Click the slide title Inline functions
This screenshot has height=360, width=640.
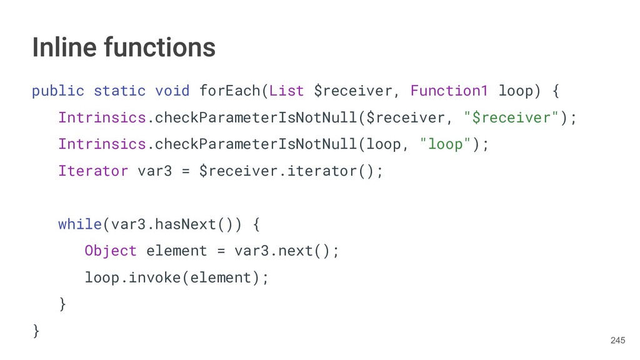coord(124,47)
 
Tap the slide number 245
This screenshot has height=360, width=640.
coord(617,340)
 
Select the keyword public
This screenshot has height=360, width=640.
coord(57,91)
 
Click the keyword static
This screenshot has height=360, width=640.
coord(119,91)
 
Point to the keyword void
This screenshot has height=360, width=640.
coord(172,91)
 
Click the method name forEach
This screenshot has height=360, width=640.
coord(229,91)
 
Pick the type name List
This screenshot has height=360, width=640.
coord(286,91)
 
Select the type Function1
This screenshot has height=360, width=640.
coord(449,91)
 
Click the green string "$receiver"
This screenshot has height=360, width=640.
coord(511,117)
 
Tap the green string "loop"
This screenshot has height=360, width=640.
coord(445,144)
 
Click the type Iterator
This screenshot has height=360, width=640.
coord(93,171)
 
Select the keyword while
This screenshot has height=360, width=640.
coord(80,224)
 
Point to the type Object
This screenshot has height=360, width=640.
coord(111,251)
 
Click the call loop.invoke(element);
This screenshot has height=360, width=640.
coord(177,277)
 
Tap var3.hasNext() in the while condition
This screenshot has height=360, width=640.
coord(176,224)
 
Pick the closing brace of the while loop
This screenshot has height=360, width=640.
coord(62,304)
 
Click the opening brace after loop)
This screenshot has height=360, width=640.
coord(555,91)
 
